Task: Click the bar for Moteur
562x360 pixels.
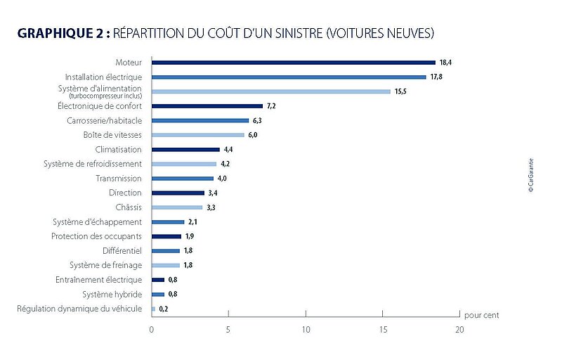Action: [x=293, y=63]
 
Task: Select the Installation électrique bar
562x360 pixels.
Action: [x=289, y=77]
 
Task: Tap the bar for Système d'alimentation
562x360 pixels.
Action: [x=270, y=91]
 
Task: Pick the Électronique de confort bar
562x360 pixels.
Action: [x=207, y=106]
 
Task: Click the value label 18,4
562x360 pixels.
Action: [x=446, y=63]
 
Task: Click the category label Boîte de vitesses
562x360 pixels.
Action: [x=112, y=135]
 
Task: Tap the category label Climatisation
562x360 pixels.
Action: [x=118, y=150]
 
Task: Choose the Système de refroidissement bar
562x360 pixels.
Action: [x=184, y=164]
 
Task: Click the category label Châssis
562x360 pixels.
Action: [x=128, y=207]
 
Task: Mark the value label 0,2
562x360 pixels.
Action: [x=164, y=309]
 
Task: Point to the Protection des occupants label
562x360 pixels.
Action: [x=96, y=236]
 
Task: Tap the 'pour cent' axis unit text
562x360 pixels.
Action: [x=482, y=315]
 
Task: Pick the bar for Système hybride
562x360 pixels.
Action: [x=157, y=294]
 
